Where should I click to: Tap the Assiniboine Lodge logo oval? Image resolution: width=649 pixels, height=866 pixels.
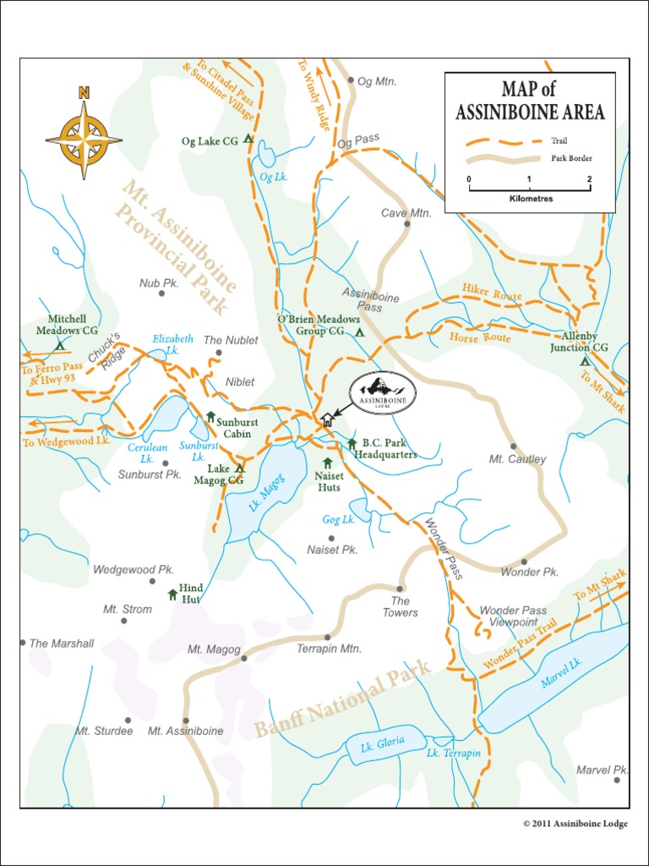pyautogui.click(x=383, y=393)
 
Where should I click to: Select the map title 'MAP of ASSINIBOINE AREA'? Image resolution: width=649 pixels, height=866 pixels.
pyautogui.click(x=530, y=101)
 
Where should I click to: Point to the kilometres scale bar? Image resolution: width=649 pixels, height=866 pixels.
pyautogui.click(x=529, y=189)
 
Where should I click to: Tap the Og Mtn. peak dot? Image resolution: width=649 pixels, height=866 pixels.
pyautogui.click(x=351, y=80)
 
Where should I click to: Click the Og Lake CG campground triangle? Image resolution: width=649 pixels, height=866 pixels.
pyautogui.click(x=248, y=139)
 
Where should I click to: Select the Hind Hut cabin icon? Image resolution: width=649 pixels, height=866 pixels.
pyautogui.click(x=172, y=594)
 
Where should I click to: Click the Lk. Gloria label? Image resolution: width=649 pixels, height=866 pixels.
pyautogui.click(x=382, y=743)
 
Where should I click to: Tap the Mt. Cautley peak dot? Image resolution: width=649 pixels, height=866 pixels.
pyautogui.click(x=513, y=447)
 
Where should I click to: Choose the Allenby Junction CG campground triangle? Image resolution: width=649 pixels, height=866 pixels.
pyautogui.click(x=584, y=361)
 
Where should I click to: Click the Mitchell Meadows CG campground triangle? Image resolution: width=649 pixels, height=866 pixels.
pyautogui.click(x=60, y=345)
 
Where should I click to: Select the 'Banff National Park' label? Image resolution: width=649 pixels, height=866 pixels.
pyautogui.click(x=343, y=699)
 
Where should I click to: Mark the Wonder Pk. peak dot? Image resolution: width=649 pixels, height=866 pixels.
pyautogui.click(x=524, y=562)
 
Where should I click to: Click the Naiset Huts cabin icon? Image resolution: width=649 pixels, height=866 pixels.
pyautogui.click(x=327, y=463)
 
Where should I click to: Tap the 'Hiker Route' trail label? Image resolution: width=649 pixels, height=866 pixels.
pyautogui.click(x=492, y=294)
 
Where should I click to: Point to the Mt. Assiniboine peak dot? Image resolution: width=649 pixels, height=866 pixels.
pyautogui.click(x=186, y=721)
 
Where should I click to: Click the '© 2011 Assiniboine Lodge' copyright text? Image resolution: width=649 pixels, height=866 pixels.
pyautogui.click(x=575, y=824)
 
